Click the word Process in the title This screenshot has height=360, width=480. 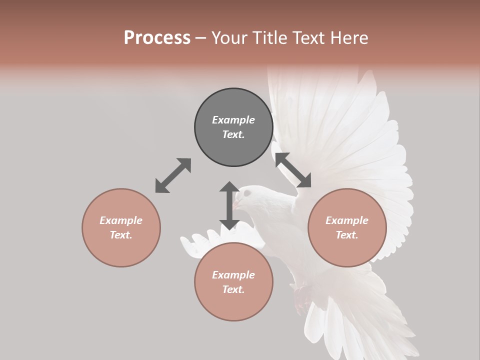point(157,38)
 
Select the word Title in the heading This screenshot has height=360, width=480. point(269,38)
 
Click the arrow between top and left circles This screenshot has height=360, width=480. point(173,175)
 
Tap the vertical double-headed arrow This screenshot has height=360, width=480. point(229,205)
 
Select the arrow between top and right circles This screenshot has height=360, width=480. point(293,170)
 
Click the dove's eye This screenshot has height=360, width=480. point(246,193)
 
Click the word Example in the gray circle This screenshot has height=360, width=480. point(233,120)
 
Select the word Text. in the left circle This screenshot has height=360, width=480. point(121,235)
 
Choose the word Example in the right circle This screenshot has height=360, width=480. point(347,220)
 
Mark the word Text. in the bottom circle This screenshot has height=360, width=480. point(233,289)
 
